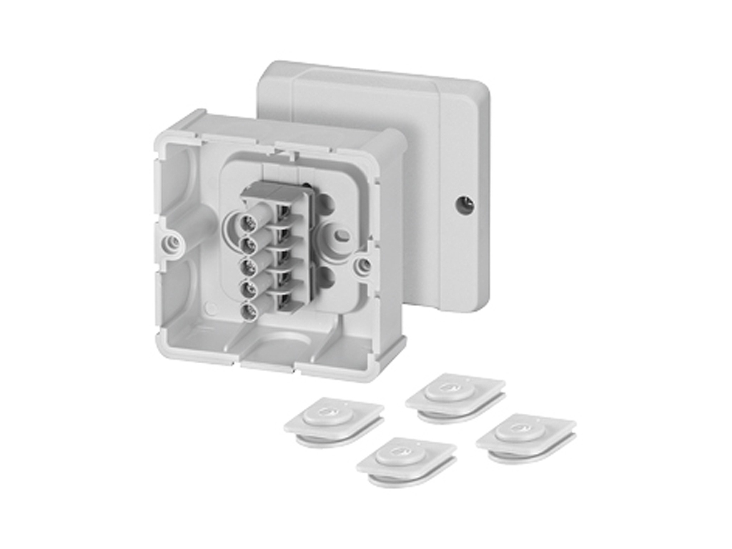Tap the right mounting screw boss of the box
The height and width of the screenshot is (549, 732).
click(364, 265)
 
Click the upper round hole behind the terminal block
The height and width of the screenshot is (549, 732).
click(325, 203)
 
